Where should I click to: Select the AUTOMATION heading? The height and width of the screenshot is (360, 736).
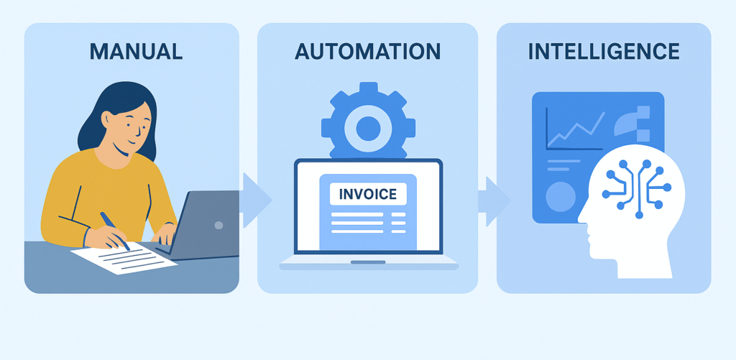pyautogui.click(x=367, y=51)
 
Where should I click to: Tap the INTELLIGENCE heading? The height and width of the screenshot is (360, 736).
pyautogui.click(x=604, y=51)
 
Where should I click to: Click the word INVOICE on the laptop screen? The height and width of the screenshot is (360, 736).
pyautogui.click(x=367, y=193)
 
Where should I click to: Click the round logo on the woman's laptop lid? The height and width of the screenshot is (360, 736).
pyautogui.click(x=218, y=225)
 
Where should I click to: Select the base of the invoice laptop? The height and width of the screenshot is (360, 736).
pyautogui.click(x=368, y=262)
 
